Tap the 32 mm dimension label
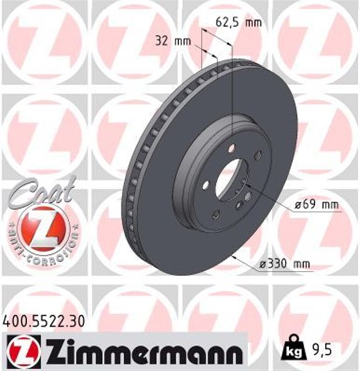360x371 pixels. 173,41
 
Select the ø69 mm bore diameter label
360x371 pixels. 315,205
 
